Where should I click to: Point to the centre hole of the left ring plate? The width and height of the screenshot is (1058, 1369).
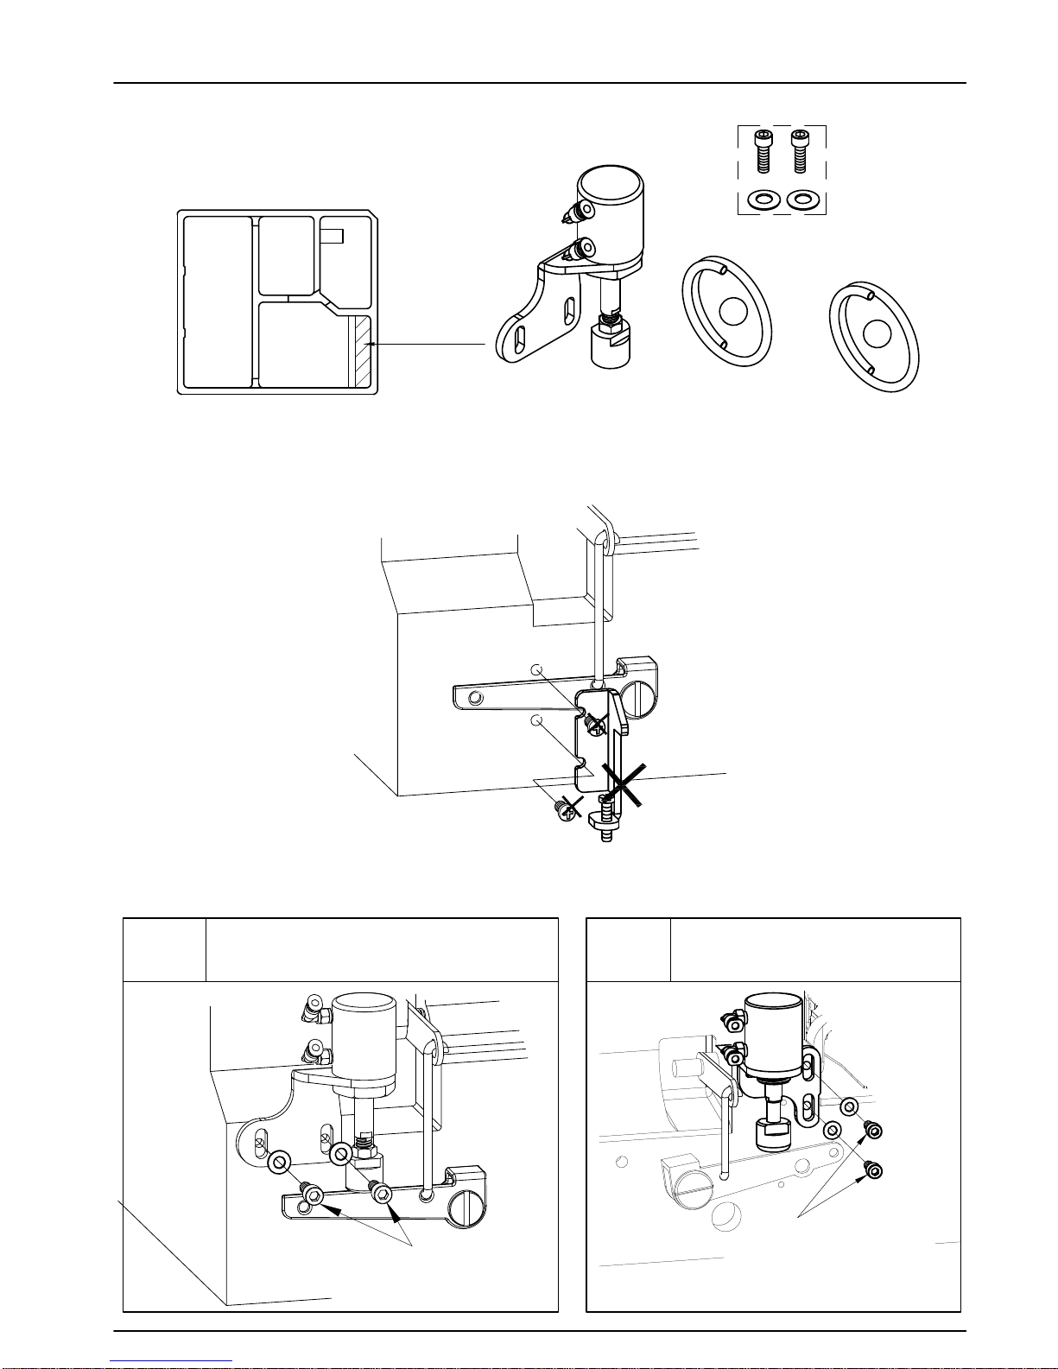pyautogui.click(x=732, y=312)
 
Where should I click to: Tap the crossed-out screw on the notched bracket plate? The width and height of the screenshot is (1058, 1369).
pyautogui.click(x=595, y=726)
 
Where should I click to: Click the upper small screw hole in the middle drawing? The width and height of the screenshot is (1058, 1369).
pyautogui.click(x=536, y=669)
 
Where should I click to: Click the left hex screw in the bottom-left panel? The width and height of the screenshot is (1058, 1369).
pyautogui.click(x=315, y=1197)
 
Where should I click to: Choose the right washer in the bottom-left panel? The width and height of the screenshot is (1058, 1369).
pyautogui.click(x=341, y=1153)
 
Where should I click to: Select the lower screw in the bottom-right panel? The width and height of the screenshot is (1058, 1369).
pyautogui.click(x=875, y=1172)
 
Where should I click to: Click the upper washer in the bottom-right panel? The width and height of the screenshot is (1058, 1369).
pyautogui.click(x=848, y=1106)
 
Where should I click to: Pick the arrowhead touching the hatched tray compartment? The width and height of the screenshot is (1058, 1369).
pyautogui.click(x=370, y=345)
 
